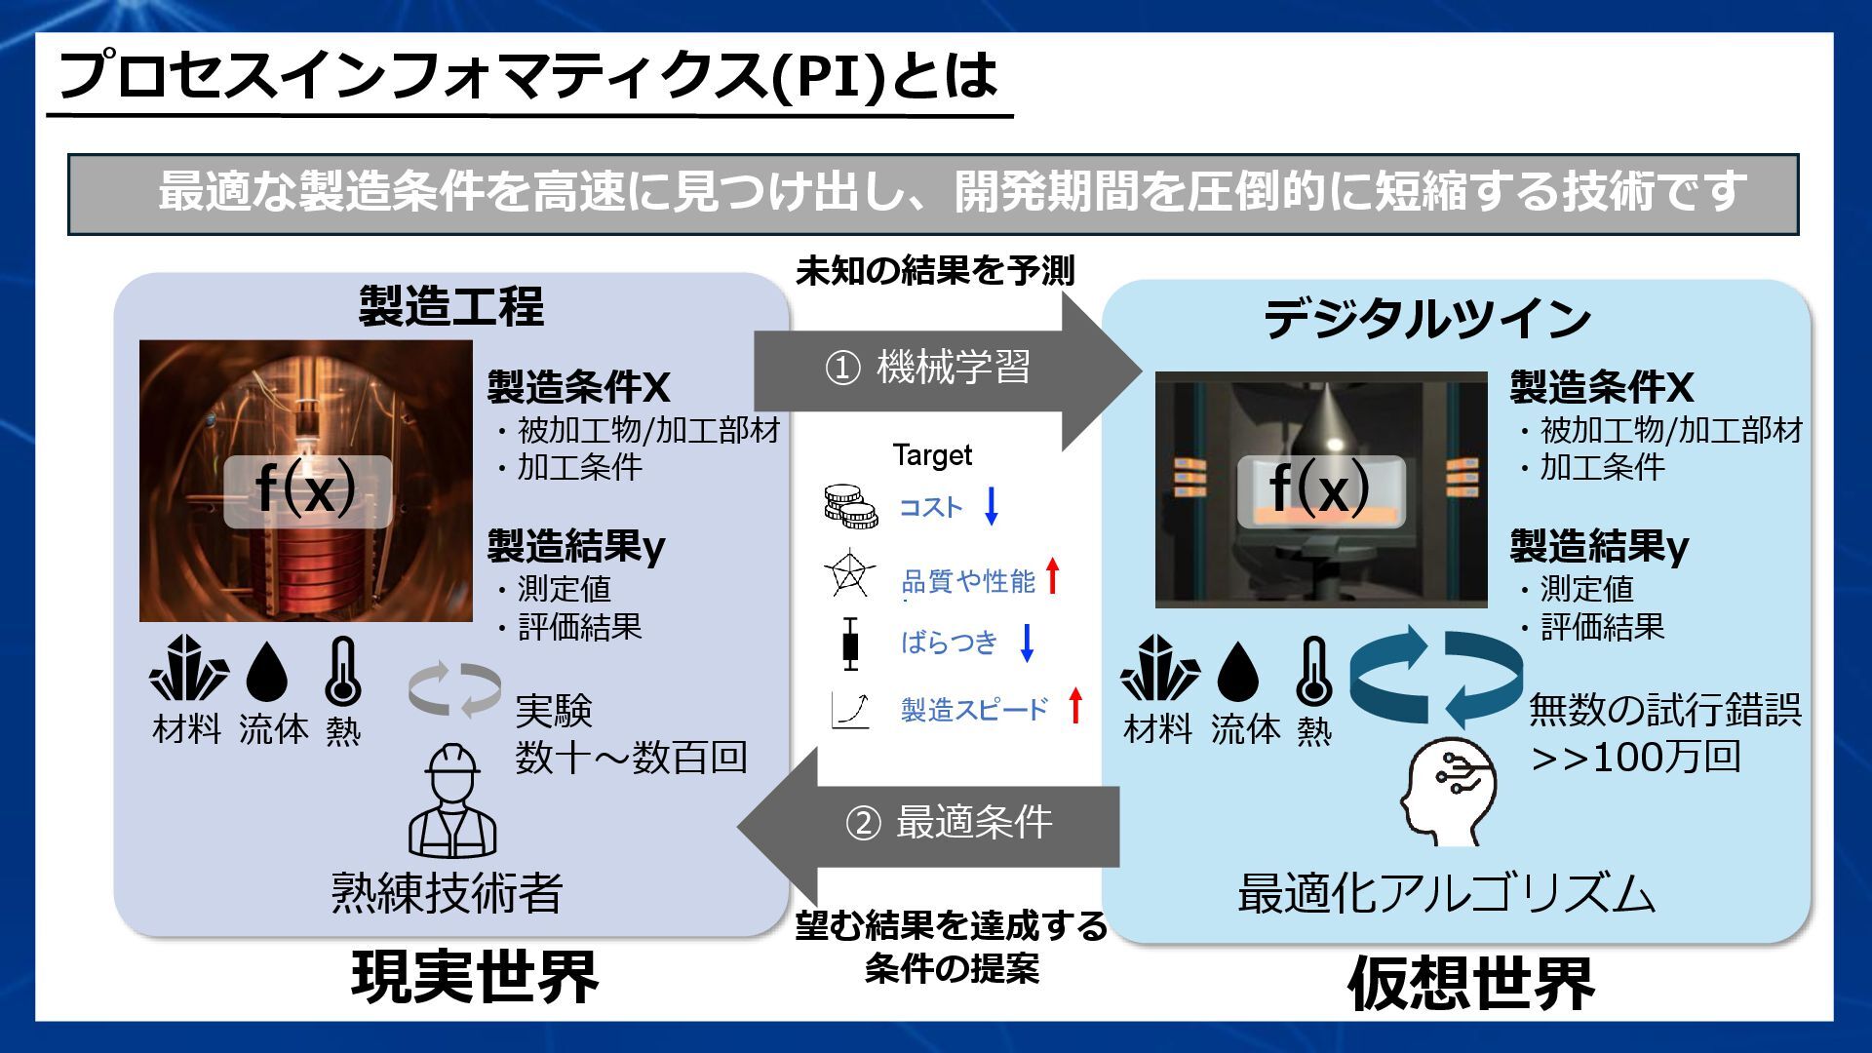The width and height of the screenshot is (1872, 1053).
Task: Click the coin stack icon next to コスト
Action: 850,506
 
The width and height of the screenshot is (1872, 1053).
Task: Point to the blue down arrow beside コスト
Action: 992,506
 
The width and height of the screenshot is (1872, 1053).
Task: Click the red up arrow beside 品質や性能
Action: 1052,576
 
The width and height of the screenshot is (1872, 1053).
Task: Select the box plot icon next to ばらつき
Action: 851,643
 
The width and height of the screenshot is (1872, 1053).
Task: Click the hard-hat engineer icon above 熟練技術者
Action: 452,801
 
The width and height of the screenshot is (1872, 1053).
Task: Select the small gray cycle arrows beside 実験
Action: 454,688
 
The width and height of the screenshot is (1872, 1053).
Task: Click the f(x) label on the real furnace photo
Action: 306,490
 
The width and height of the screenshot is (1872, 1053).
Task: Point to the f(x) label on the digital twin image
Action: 1320,490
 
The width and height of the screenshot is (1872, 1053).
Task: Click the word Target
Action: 932,455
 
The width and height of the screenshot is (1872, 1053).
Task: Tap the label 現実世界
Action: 475,977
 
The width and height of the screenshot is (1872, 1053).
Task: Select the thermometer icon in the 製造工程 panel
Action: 342,672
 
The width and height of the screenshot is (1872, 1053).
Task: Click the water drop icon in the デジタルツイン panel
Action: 1238,672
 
